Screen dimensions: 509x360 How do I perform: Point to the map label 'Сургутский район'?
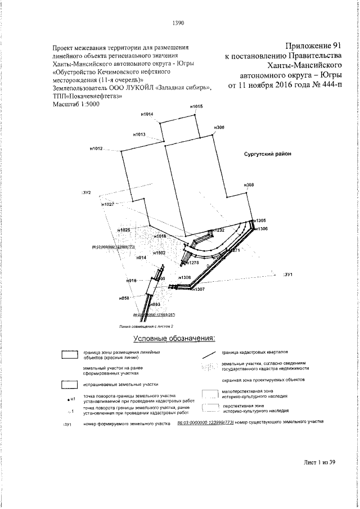(x=267, y=154)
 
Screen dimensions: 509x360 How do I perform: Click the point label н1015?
(x=196, y=106)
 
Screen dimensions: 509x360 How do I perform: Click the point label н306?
(x=219, y=128)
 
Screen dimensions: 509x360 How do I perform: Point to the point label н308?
(x=249, y=185)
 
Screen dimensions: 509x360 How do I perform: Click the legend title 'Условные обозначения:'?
(x=174, y=339)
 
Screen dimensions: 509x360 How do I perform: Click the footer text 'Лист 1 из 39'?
(x=319, y=462)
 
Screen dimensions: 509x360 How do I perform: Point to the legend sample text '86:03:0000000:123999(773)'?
(x=201, y=421)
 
